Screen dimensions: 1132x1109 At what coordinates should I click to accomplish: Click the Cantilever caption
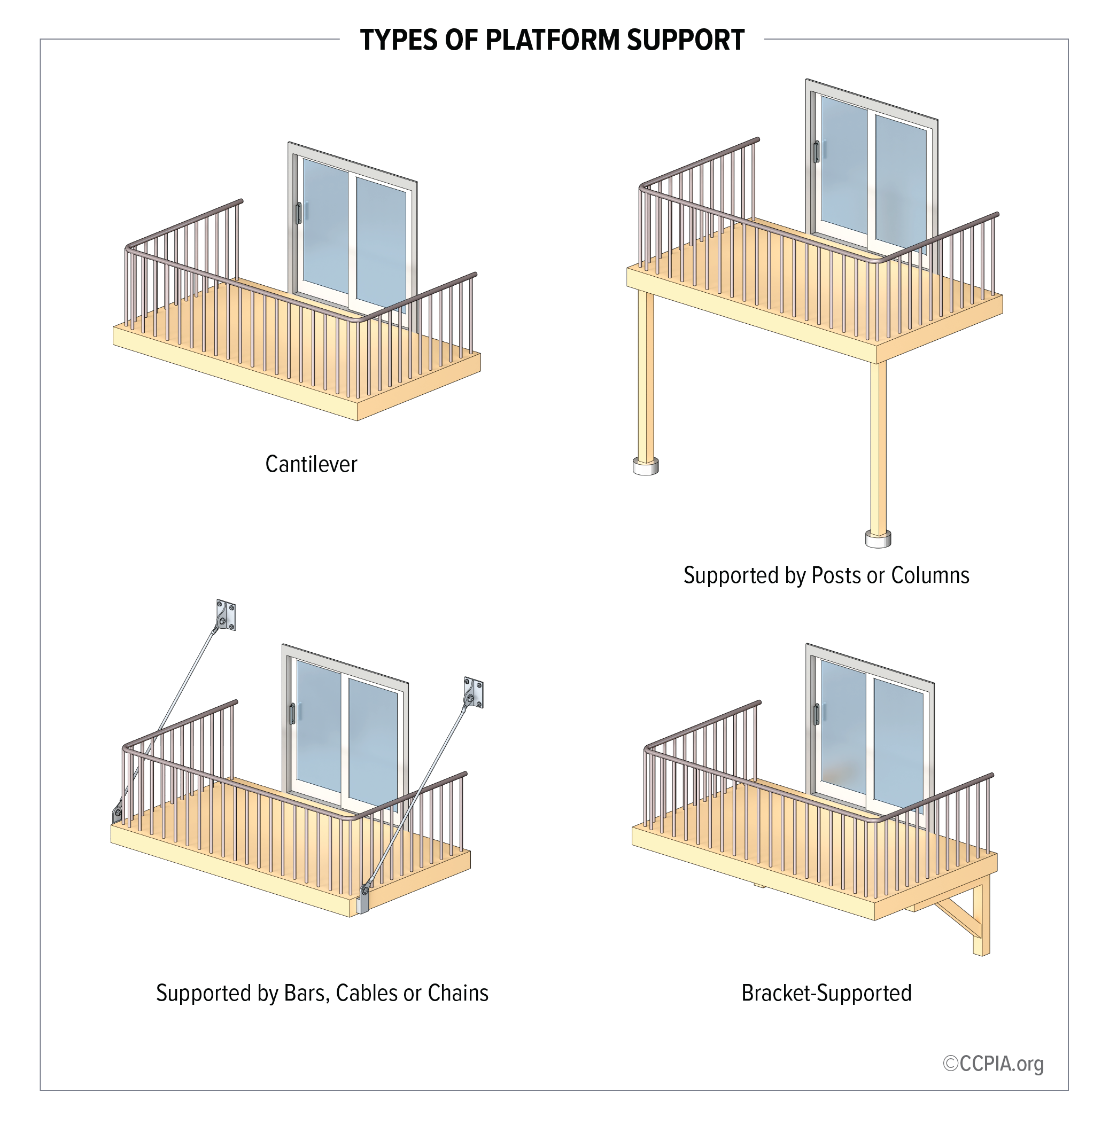311,464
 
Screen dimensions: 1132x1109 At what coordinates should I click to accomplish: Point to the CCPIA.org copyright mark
993,1064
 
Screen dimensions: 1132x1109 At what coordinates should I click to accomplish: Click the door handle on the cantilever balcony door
298,213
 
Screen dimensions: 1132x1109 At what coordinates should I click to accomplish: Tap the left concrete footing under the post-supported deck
646,466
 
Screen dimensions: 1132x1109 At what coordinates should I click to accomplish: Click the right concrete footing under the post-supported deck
878,539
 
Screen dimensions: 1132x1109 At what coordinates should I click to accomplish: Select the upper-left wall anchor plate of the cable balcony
226,615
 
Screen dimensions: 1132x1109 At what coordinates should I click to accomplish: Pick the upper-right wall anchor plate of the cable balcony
474,693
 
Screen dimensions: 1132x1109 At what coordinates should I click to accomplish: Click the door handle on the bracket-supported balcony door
816,714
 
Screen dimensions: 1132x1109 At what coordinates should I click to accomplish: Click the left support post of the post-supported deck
646,373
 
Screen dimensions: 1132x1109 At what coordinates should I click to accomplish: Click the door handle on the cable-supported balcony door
292,714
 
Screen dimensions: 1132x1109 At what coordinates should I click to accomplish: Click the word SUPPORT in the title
685,40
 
